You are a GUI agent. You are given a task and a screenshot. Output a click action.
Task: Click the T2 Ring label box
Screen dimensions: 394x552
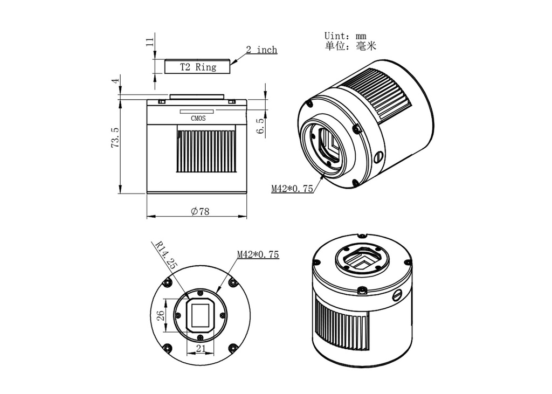(198, 67)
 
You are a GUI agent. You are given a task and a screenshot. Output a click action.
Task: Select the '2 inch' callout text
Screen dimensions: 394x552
(261, 50)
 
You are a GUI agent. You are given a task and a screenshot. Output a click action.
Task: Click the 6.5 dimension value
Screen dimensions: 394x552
(261, 127)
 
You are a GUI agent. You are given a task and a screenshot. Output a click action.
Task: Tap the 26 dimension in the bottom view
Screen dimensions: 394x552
(160, 315)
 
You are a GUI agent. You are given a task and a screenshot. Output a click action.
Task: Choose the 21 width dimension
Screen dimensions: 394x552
(201, 349)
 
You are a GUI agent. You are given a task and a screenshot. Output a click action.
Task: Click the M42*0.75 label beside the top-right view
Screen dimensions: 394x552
(292, 189)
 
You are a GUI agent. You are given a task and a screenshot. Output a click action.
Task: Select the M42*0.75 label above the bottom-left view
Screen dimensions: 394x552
(258, 254)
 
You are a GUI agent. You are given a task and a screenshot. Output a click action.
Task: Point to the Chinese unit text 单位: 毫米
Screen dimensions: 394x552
(350, 46)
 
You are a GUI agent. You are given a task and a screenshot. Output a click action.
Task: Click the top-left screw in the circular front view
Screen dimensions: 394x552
(169, 282)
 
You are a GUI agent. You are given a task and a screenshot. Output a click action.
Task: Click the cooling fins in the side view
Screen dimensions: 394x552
(205, 151)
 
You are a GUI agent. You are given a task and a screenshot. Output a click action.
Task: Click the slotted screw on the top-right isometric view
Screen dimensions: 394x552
(378, 157)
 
